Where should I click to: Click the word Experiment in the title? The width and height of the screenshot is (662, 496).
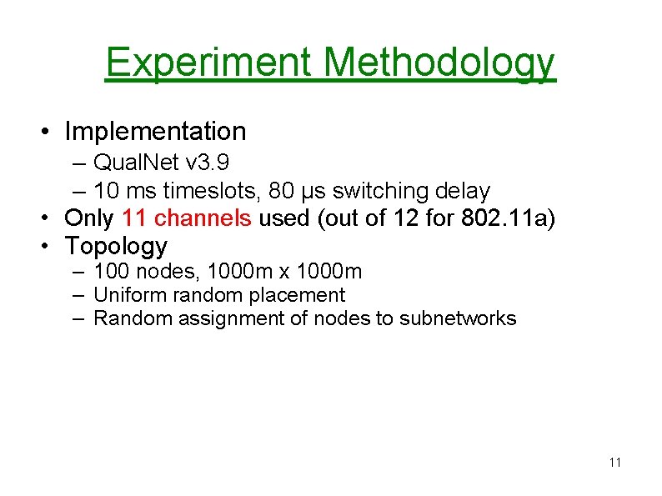[209, 63]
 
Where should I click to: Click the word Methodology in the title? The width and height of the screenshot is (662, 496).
[439, 63]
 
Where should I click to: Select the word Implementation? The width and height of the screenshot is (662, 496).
[155, 131]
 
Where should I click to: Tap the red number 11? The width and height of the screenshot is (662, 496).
[134, 218]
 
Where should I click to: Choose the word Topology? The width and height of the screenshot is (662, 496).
[116, 247]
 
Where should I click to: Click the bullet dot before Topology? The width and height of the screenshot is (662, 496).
[49, 247]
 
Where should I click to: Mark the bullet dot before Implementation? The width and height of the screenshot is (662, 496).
[49, 132]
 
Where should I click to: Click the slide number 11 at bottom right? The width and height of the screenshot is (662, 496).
[615, 463]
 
